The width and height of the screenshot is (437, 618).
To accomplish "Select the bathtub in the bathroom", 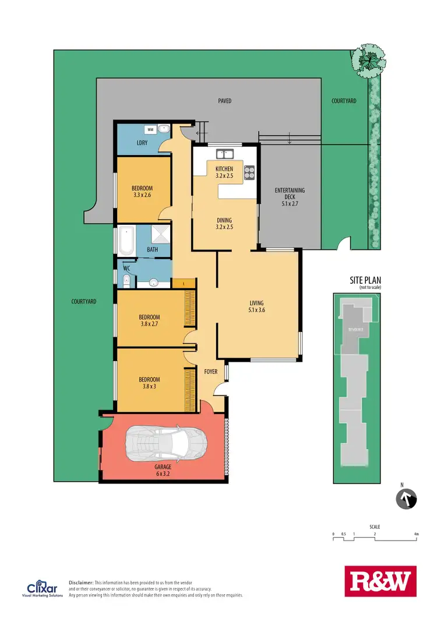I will click(126, 241).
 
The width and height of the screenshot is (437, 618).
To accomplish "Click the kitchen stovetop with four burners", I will click(249, 172).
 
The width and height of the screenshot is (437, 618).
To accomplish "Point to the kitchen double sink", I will click(224, 154).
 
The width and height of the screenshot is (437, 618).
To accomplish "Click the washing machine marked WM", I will click(150, 129).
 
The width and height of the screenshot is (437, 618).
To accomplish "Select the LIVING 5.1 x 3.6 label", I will click(256, 306).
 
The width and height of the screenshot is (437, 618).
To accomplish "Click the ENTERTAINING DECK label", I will click(290, 197).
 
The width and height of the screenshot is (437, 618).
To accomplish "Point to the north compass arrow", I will click(406, 499).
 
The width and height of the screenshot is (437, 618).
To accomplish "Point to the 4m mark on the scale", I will click(415, 534).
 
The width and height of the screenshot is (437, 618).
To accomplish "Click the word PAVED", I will click(224, 101).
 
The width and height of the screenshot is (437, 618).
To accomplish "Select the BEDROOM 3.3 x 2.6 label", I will click(142, 192).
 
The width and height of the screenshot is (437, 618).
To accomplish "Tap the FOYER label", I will click(210, 370).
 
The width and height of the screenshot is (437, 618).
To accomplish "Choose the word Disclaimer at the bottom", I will click(81, 582).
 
